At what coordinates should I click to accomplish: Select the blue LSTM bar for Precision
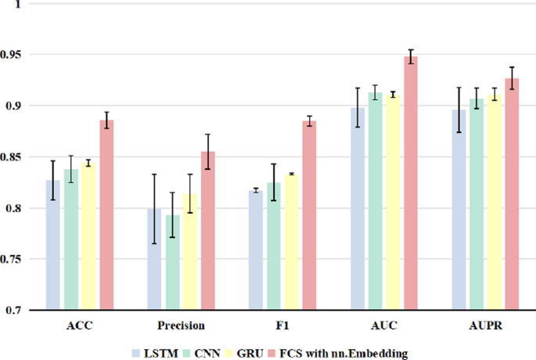click(x=155, y=259)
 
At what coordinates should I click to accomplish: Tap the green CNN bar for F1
click(x=274, y=246)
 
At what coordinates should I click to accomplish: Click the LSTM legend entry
click(x=150, y=354)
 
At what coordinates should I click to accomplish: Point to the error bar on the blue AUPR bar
click(x=459, y=110)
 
